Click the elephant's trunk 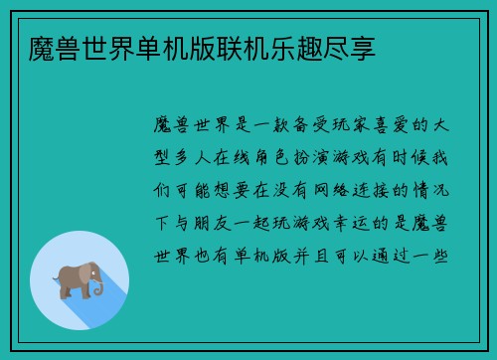(x=100, y=288)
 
